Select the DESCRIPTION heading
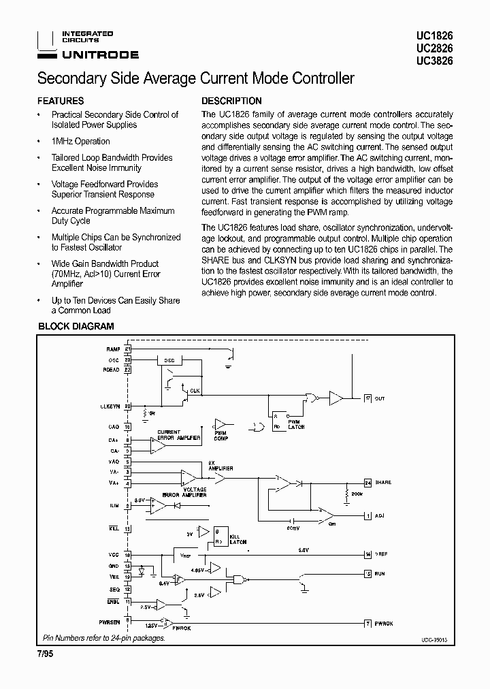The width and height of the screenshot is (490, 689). [x=231, y=101]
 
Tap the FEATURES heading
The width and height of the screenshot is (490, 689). [x=61, y=101]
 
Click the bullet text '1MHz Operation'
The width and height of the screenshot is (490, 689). [x=80, y=141]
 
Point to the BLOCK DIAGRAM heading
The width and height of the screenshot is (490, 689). [x=76, y=326]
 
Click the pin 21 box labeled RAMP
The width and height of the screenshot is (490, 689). [x=127, y=349]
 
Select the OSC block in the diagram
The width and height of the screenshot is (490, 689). [x=169, y=360]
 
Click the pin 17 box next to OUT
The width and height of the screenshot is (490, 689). [x=367, y=398]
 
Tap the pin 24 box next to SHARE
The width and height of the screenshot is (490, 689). [x=367, y=482]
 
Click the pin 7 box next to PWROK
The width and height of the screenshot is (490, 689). [x=367, y=624]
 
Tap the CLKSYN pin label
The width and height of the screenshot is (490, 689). [x=110, y=406]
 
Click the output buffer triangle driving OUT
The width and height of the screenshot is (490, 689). [x=336, y=398]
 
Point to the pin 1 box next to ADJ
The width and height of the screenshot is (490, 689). [x=367, y=515]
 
